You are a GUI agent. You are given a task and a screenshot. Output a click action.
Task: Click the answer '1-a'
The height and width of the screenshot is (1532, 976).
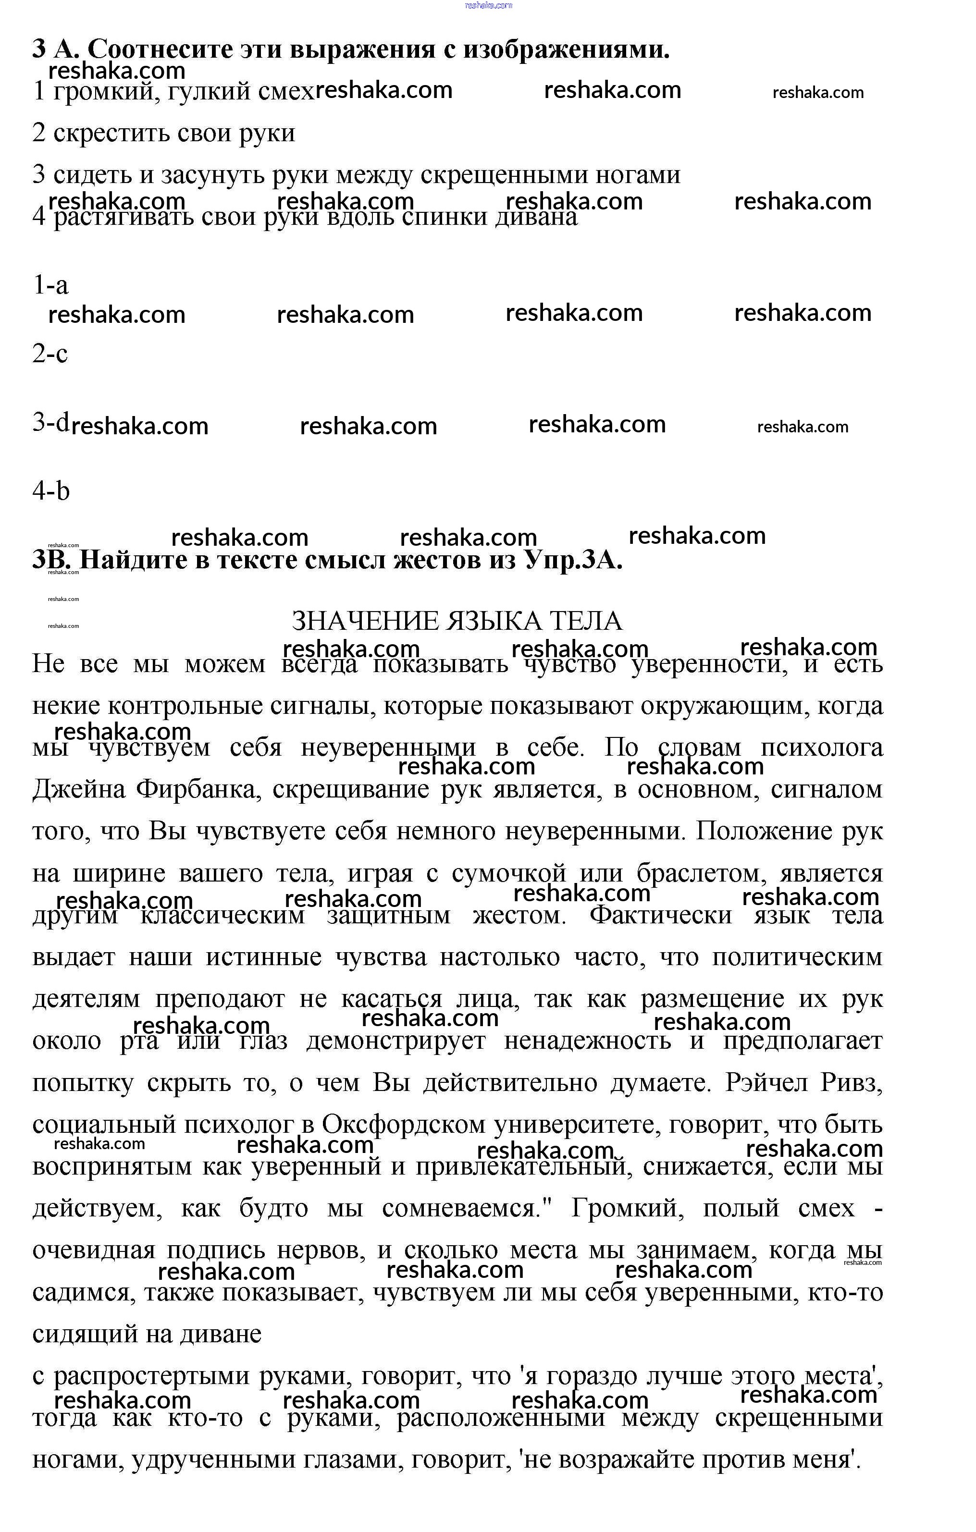point(50,285)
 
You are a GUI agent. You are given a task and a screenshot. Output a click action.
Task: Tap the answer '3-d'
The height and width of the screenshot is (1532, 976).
point(50,422)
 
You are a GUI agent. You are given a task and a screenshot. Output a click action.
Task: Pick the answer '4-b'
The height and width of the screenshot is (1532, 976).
point(51,490)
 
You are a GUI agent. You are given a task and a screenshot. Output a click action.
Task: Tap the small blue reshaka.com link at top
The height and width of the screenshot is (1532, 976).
point(489,5)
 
